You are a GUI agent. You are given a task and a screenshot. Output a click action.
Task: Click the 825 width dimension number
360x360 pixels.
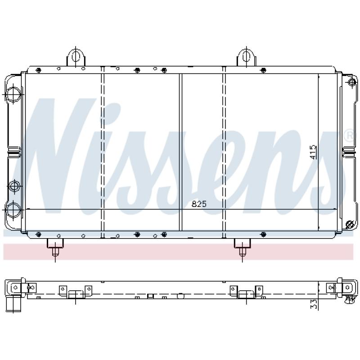pyautogui.click(x=199, y=204)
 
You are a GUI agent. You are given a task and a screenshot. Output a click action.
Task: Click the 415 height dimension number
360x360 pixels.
pyautogui.click(x=313, y=152)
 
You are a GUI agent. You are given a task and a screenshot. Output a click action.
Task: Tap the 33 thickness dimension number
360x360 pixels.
pyautogui.click(x=314, y=304)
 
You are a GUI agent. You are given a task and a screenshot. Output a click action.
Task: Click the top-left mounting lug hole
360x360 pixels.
pyautogui.click(x=76, y=56)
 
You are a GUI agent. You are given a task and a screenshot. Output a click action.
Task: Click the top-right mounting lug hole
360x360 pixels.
pyautogui.click(x=246, y=56)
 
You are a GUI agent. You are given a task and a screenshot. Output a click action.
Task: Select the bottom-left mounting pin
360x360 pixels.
pyautogui.click(x=55, y=252)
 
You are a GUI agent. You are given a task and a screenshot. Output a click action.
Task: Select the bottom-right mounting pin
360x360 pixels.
pyautogui.click(x=243, y=252)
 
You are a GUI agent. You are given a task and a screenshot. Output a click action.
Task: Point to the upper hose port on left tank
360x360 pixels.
pyautogui.click(x=13, y=94)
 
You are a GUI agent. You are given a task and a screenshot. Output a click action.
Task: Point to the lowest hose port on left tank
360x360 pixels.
pyautogui.click(x=13, y=210)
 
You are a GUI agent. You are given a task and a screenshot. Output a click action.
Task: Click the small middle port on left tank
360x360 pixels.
pyautogui.click(x=15, y=186)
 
